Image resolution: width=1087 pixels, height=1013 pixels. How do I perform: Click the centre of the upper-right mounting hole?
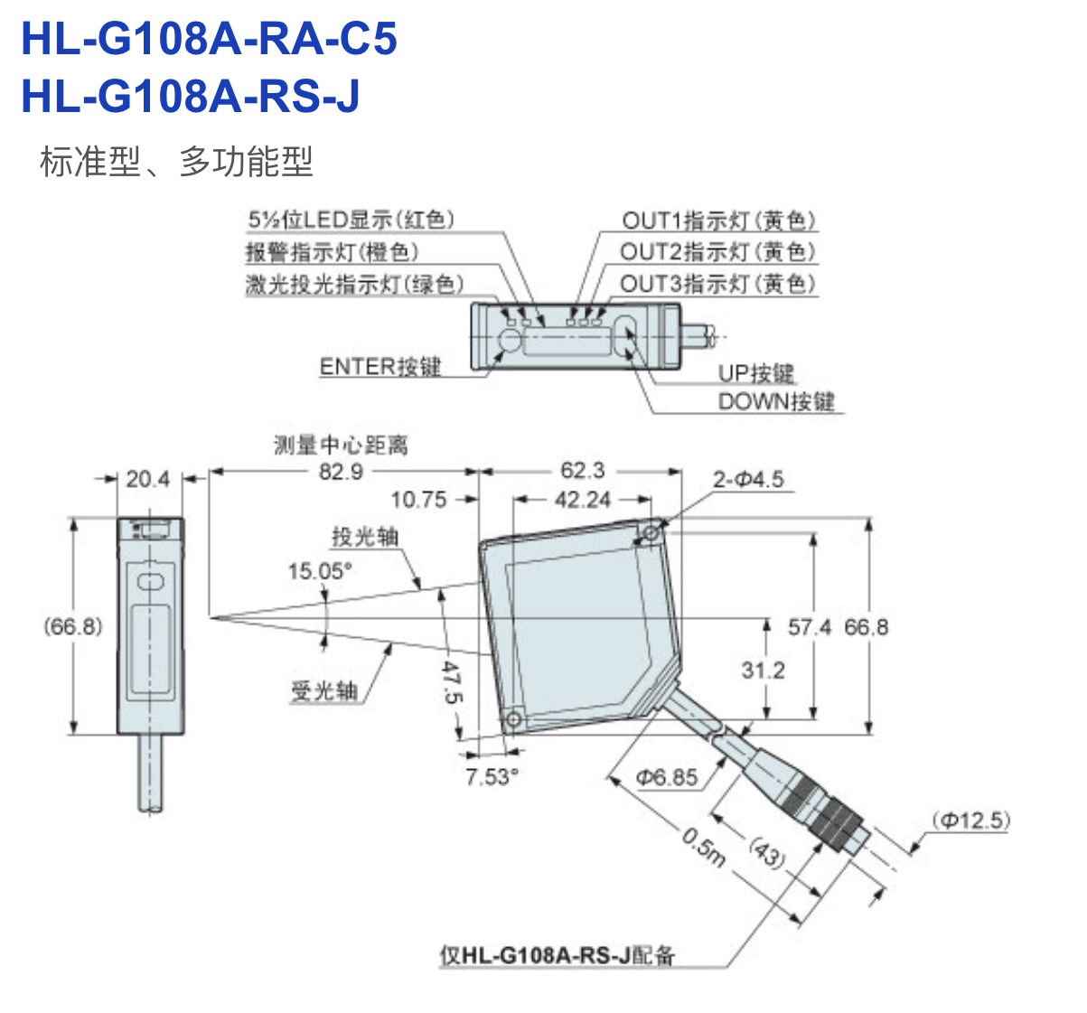click(x=651, y=533)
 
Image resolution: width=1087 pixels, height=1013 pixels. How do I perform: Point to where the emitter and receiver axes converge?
click(x=211, y=618)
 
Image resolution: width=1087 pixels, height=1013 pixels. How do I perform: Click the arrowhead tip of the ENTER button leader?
click(x=503, y=351)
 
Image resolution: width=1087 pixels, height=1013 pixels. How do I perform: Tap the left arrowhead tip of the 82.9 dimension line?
click(x=210, y=471)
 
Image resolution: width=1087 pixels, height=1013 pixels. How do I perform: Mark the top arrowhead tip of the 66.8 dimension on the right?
click(x=869, y=519)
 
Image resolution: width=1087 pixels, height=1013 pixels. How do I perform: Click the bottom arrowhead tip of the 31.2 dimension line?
click(x=766, y=719)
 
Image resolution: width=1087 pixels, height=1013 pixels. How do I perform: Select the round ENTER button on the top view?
click(x=510, y=340)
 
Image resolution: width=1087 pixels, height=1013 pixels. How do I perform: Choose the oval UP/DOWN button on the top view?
click(x=625, y=335)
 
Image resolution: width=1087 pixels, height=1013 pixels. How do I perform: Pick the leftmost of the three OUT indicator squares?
click(x=571, y=322)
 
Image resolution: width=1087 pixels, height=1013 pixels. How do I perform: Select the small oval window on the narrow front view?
click(x=150, y=581)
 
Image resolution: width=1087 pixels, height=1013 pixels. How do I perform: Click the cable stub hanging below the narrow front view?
click(x=150, y=773)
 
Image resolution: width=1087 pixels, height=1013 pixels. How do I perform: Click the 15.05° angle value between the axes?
click(x=320, y=571)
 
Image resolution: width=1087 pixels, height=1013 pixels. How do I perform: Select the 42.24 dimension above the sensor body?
click(x=582, y=500)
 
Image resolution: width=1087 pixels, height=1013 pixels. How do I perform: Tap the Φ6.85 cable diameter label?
click(x=667, y=777)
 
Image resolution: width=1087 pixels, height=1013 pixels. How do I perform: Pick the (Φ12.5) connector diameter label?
click(x=971, y=821)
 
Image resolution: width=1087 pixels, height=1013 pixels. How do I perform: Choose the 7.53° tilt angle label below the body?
click(x=492, y=777)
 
